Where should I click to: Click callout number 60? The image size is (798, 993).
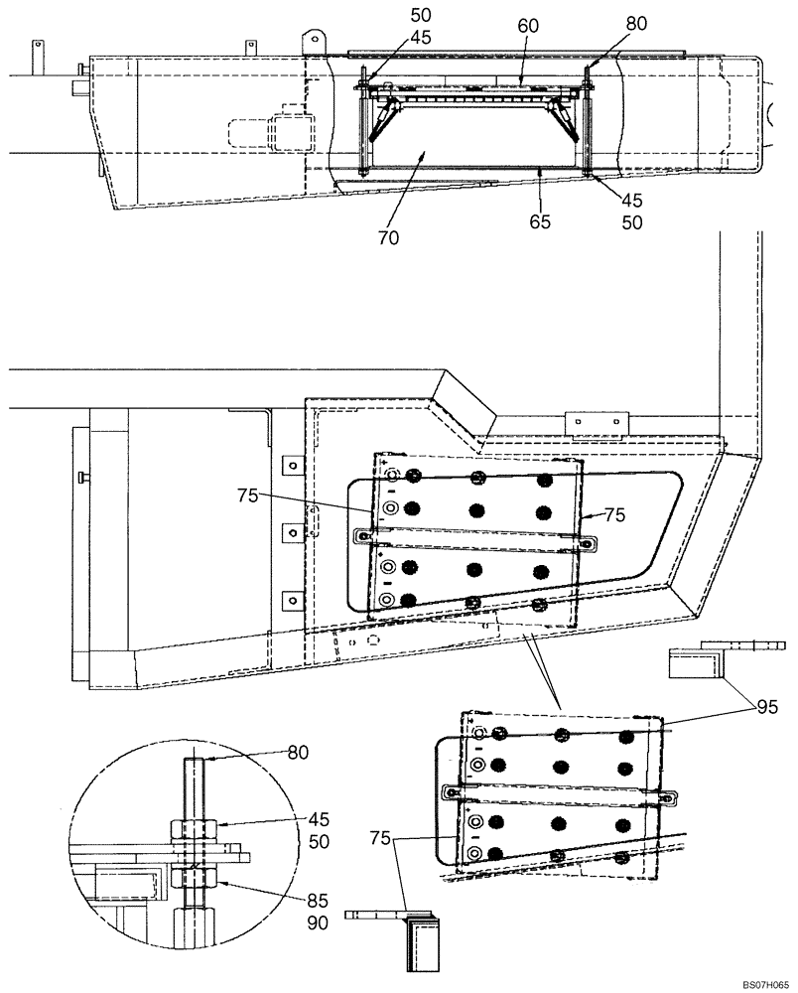pyautogui.click(x=526, y=28)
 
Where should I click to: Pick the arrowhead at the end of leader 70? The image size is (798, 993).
pyautogui.click(x=426, y=152)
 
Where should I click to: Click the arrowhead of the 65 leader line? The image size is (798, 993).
pyautogui.click(x=538, y=171)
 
